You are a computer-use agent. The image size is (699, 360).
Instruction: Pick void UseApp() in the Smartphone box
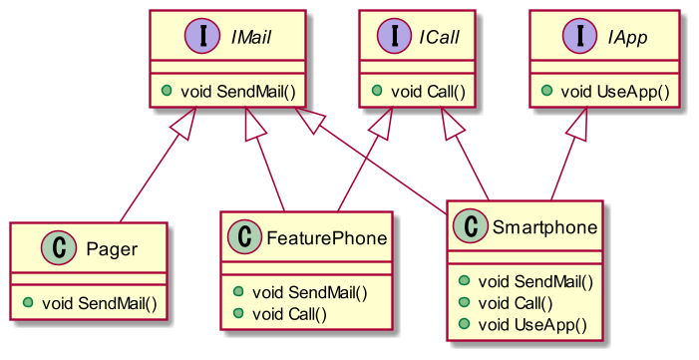pyautogui.click(x=531, y=323)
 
